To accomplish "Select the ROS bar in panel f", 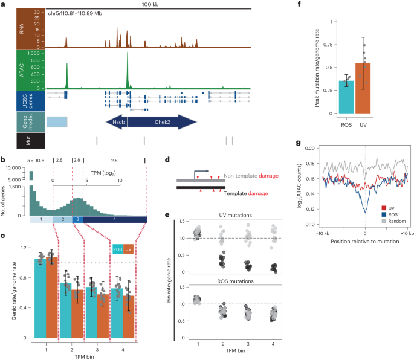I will (x=346, y=97).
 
